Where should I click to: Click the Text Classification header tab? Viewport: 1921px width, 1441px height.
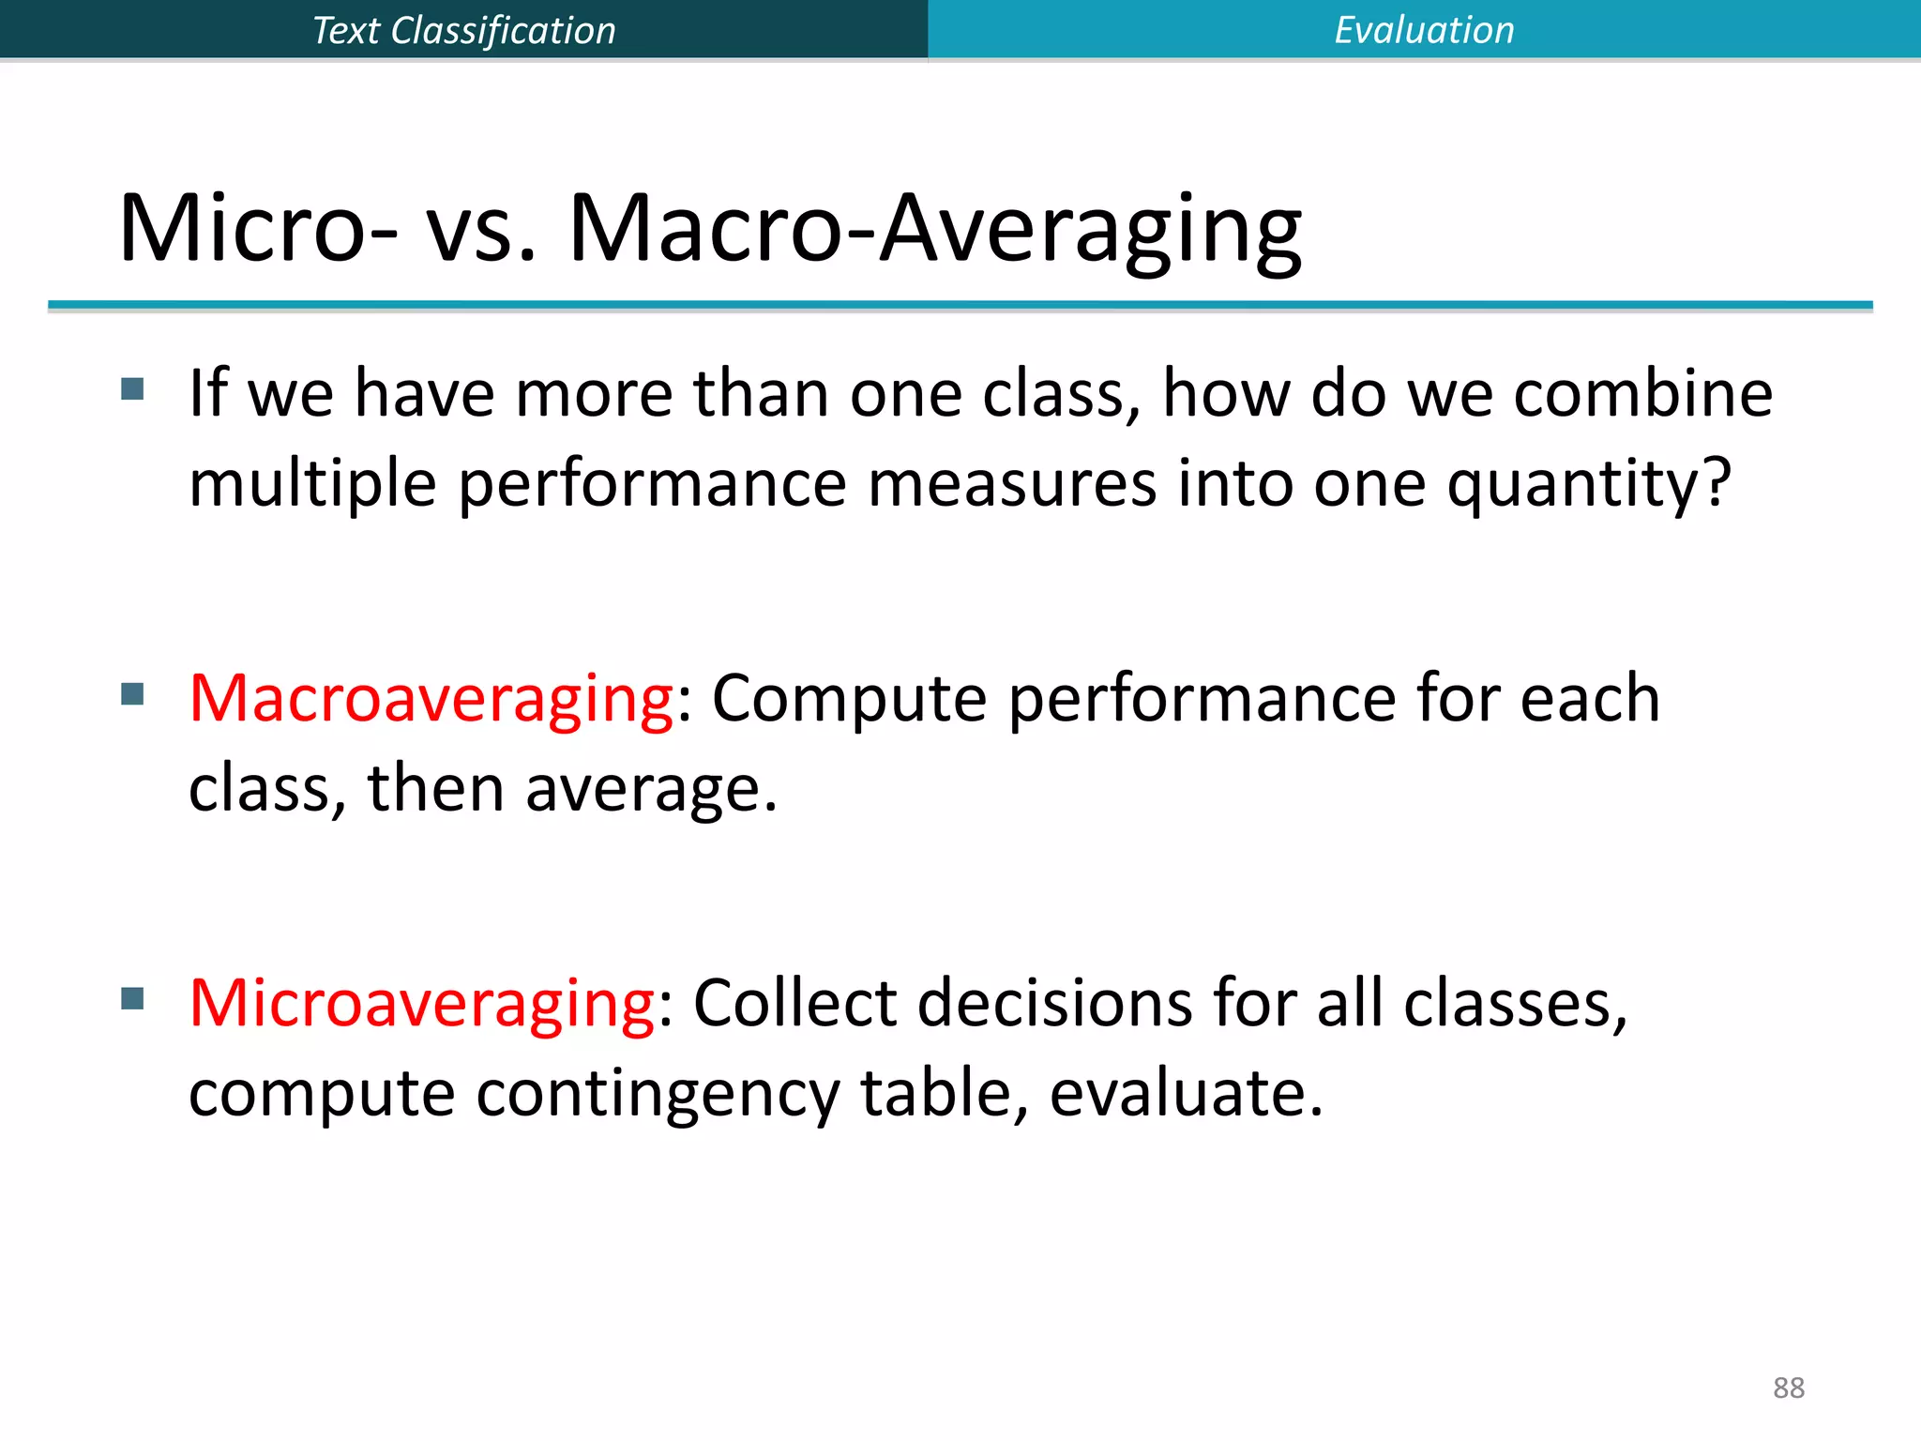[463, 30]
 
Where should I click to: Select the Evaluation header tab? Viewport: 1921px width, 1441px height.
[1424, 30]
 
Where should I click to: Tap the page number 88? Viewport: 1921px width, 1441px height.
[1788, 1388]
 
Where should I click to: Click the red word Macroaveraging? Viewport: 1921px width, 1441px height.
[431, 699]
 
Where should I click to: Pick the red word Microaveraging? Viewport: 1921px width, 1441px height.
[421, 1004]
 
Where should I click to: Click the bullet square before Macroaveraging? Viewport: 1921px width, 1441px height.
[132, 694]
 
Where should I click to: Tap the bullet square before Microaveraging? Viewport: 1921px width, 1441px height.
[132, 999]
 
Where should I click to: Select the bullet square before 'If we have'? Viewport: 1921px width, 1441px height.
[132, 388]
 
